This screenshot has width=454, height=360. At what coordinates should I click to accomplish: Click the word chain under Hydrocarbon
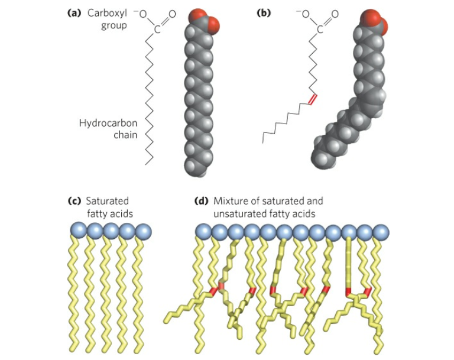point(125,135)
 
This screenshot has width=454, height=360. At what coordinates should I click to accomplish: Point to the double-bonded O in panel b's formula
point(335,14)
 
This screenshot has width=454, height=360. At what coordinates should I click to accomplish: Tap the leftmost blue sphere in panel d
point(203,231)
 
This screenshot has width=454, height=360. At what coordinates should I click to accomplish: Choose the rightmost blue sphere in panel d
point(381,231)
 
